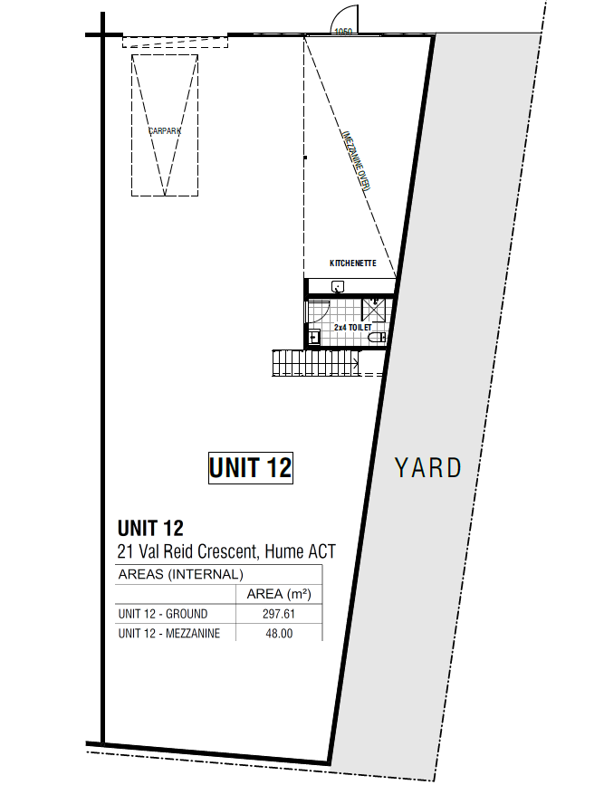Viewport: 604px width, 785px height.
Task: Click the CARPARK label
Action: (165, 131)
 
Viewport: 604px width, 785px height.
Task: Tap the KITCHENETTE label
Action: (353, 263)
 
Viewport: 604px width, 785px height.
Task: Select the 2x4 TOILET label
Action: (353, 328)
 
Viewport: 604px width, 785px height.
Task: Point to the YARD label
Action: (428, 467)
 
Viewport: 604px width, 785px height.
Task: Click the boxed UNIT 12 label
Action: (251, 468)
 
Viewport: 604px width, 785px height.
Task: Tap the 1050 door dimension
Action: (343, 32)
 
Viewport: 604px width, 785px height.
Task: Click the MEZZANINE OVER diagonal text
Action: (356, 160)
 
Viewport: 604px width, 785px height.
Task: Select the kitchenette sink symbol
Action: (338, 287)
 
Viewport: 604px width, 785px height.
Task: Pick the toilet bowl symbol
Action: (378, 339)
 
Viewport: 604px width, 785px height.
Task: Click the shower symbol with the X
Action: (374, 309)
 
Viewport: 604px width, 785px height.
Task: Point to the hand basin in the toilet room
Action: (314, 338)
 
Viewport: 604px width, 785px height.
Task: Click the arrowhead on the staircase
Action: (356, 363)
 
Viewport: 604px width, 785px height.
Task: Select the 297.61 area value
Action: (279, 614)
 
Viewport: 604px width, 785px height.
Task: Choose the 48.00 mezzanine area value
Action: (279, 633)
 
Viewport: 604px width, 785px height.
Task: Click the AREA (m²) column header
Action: (279, 594)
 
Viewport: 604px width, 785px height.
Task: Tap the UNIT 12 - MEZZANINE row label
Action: (169, 633)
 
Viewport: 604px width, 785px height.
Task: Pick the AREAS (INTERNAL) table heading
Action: (181, 574)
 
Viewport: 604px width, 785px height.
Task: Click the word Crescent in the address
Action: (227, 551)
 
